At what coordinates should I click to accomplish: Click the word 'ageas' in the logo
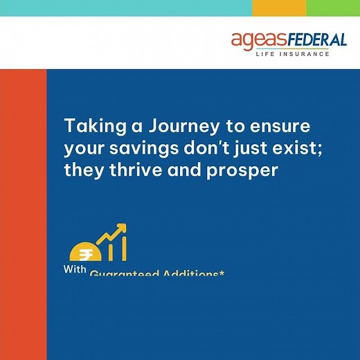(x=255, y=41)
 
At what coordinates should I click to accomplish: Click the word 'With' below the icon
(x=75, y=269)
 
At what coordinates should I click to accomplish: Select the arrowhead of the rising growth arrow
(x=122, y=228)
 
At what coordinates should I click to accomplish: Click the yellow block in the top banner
(x=279, y=8)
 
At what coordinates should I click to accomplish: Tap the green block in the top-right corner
(x=333, y=8)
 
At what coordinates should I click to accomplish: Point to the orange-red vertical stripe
(x=23, y=208)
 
